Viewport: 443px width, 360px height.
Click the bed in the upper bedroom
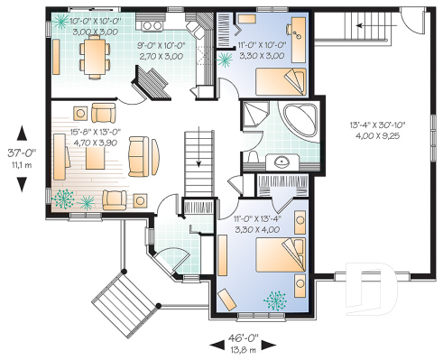click(280, 83)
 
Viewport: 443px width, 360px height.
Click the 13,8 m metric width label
click(241, 349)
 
